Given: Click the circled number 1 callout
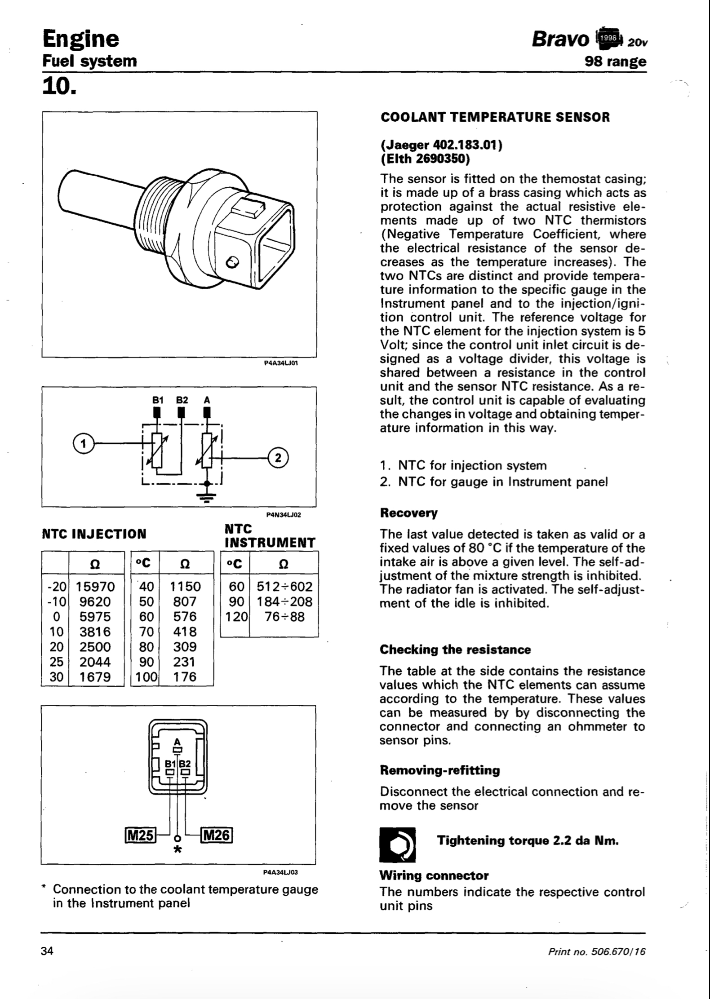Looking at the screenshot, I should [81, 443].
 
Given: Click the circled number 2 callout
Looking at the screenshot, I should [278, 458].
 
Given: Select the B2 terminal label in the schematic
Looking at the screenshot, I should [182, 400].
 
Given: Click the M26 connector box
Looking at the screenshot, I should [217, 835].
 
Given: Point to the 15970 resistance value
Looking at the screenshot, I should [95, 587].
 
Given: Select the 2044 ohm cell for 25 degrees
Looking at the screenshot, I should [95, 662].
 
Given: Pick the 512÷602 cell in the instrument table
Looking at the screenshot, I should [284, 587].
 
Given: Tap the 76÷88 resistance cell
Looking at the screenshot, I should [284, 617].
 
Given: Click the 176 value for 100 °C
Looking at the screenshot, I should [185, 676].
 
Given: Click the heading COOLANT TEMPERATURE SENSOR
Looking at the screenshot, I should [495, 118].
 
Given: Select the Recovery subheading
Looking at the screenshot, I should [408, 513].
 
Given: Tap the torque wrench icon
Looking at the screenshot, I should [397, 844].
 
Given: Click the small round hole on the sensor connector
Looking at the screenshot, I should [233, 262].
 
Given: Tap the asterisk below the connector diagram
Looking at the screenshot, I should [178, 849].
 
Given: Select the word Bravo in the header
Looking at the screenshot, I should [560, 40].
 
